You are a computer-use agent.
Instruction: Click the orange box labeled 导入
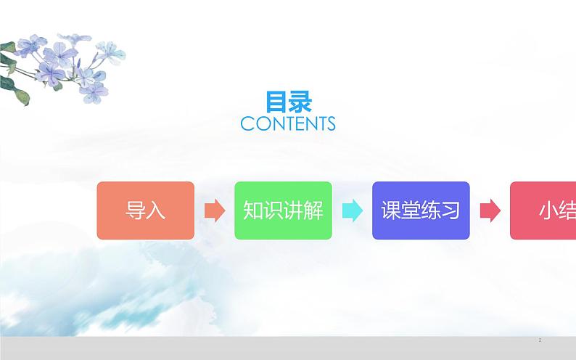[x=145, y=210]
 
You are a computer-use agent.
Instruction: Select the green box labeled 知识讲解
[x=283, y=210]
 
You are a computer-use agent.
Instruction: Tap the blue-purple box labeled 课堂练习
[x=421, y=210]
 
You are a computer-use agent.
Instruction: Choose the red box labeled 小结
[x=543, y=210]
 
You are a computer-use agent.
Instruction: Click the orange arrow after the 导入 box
[x=215, y=210]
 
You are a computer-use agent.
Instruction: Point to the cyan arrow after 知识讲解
[x=352, y=210]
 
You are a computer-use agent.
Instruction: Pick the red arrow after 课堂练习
[x=490, y=210]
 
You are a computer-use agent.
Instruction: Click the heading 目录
[x=288, y=101]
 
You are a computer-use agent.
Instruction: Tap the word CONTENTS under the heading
[x=288, y=124]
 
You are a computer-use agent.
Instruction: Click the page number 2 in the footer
[x=540, y=340]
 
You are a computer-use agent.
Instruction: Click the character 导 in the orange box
[x=136, y=210]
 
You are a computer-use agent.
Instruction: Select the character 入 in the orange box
[x=156, y=210]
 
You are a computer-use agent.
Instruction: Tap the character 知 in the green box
[x=252, y=210]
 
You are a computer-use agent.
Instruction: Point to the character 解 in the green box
[x=313, y=210]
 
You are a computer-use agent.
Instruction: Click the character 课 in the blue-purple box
[x=391, y=210]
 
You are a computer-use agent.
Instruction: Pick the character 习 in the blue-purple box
[x=451, y=210]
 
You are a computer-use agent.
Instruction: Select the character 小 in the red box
[x=548, y=210]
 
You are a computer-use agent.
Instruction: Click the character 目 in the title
[x=276, y=101]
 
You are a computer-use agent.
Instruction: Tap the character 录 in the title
[x=300, y=101]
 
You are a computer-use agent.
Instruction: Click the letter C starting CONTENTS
[x=247, y=124]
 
